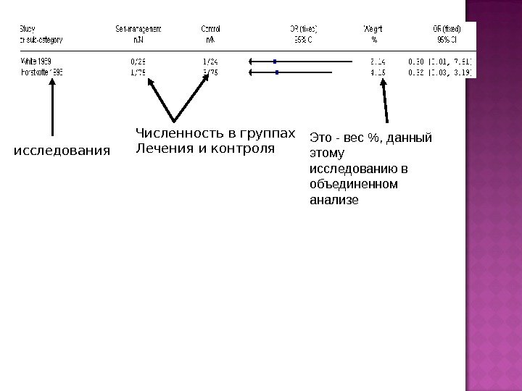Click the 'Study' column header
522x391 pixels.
(x=27, y=28)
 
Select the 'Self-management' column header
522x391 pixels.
(x=138, y=28)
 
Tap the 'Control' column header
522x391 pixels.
(x=210, y=28)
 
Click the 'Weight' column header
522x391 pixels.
(x=374, y=28)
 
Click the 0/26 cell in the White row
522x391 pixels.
(x=138, y=62)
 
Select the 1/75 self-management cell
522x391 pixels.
(x=138, y=72)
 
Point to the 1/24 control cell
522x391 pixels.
(x=210, y=62)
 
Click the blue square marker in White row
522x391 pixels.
(x=275, y=62)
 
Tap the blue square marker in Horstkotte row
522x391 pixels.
(x=276, y=72)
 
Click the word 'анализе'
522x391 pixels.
(x=334, y=199)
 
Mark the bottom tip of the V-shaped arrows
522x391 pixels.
(x=175, y=120)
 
